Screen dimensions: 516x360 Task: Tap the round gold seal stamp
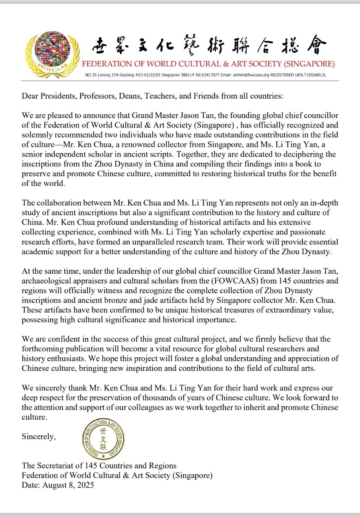[103, 438]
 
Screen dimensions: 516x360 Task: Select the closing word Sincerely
[39, 436]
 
